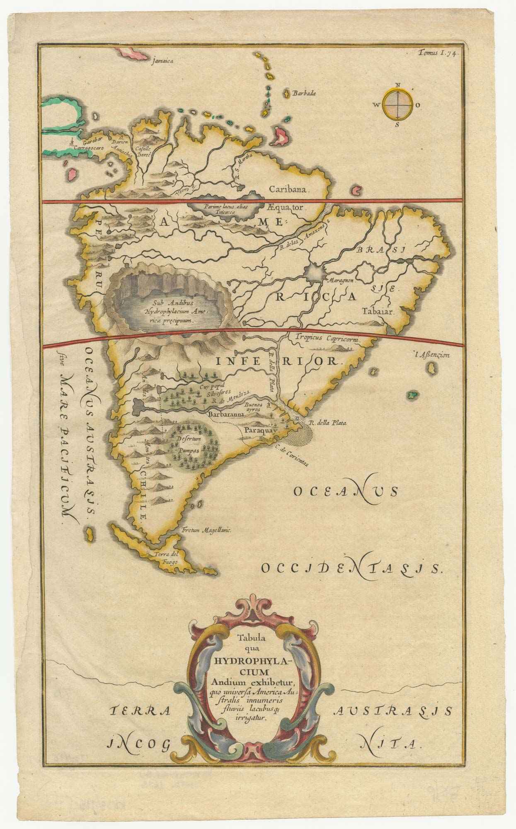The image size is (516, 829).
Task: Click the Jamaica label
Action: (x=162, y=61)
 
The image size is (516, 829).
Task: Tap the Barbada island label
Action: (x=304, y=94)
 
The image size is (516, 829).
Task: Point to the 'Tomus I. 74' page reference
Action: (x=437, y=53)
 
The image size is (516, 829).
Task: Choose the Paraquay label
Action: (x=264, y=431)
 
